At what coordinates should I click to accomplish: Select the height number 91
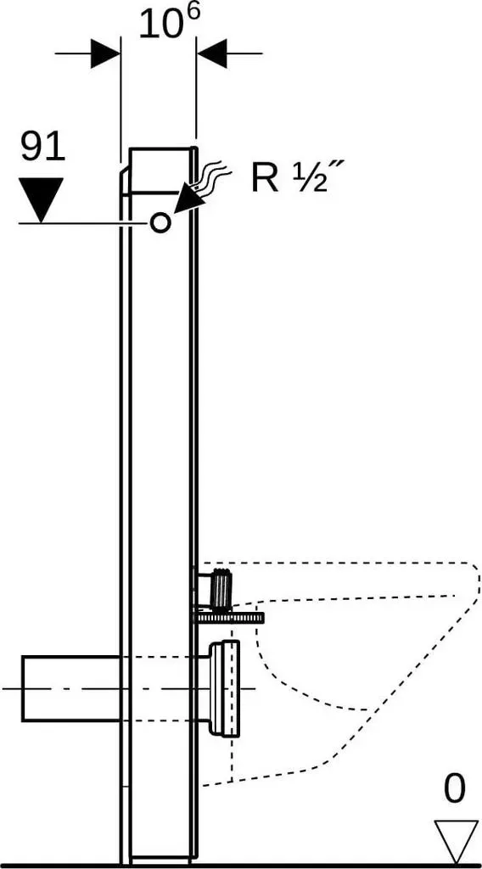pos(43,148)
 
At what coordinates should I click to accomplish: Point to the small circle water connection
pos(160,223)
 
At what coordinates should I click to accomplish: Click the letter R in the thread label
pos(265,179)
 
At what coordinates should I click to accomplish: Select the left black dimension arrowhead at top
pos(106,53)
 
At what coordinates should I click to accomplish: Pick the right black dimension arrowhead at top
pos(211,53)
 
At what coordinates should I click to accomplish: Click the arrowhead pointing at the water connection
pos(187,199)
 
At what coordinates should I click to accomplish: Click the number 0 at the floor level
pos(455,789)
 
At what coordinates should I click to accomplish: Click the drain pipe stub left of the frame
pos(71,687)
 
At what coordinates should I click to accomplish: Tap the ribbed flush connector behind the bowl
pos(220,590)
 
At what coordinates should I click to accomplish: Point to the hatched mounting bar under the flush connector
pos(228,618)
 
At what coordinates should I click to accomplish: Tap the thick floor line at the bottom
pos(241,865)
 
